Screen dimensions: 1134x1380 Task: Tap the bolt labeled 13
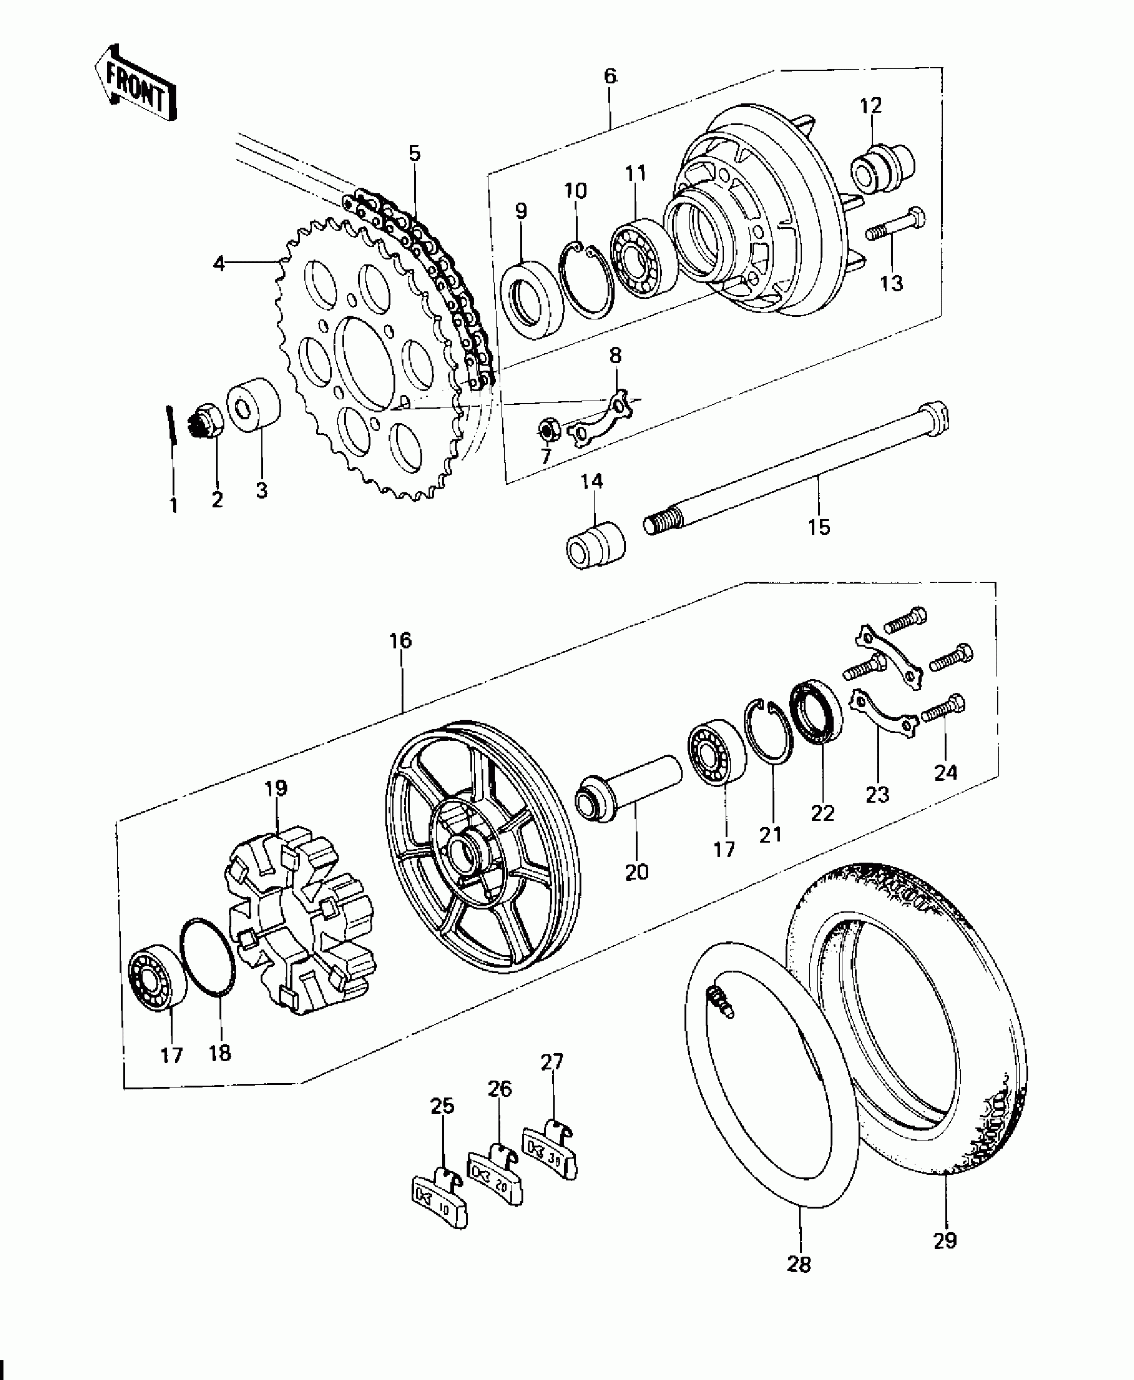click(897, 226)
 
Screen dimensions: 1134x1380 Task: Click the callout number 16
click(400, 641)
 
